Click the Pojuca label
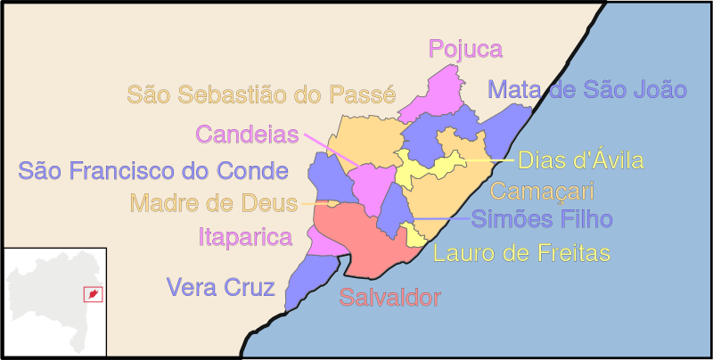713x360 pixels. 465,49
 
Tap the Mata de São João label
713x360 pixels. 587,89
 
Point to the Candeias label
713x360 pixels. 246,135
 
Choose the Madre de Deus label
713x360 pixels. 214,203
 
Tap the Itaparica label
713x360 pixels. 245,237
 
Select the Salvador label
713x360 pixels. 389,298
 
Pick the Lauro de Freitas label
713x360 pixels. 521,253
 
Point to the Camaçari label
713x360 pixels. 542,190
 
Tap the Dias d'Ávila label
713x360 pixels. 580,161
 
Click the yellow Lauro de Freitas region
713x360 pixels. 415,236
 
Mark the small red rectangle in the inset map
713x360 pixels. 91,293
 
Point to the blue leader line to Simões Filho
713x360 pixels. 441,218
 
